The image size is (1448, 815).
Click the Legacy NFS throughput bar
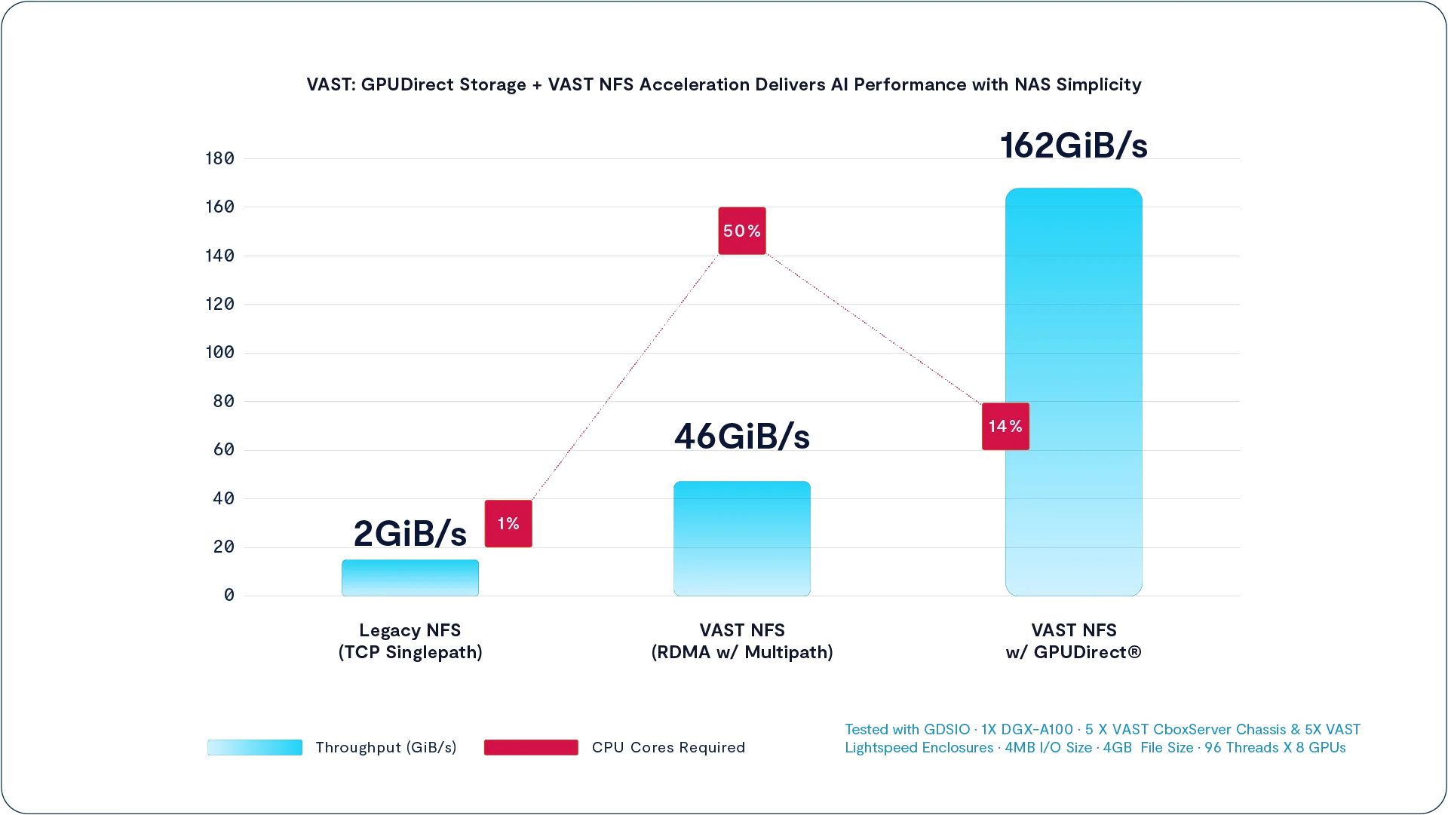click(410, 578)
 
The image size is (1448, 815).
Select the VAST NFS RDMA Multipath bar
click(741, 538)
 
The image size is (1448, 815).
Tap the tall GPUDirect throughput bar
click(1073, 392)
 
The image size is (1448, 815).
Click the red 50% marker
click(741, 231)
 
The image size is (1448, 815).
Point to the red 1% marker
click(508, 523)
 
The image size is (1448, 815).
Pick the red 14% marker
click(1005, 427)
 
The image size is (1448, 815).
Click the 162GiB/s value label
click(1073, 146)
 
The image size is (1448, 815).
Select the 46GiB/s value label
click(741, 437)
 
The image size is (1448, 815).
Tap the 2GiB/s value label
click(410, 534)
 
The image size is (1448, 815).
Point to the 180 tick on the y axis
click(219, 158)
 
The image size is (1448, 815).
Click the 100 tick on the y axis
click(219, 352)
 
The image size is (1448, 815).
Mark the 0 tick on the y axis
click(229, 595)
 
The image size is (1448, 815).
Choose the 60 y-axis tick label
click(223, 449)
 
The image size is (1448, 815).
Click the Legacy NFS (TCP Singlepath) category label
click(410, 641)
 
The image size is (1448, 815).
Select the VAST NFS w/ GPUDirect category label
click(1073, 641)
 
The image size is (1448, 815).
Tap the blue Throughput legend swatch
click(255, 747)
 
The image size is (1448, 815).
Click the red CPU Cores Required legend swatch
click(531, 747)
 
